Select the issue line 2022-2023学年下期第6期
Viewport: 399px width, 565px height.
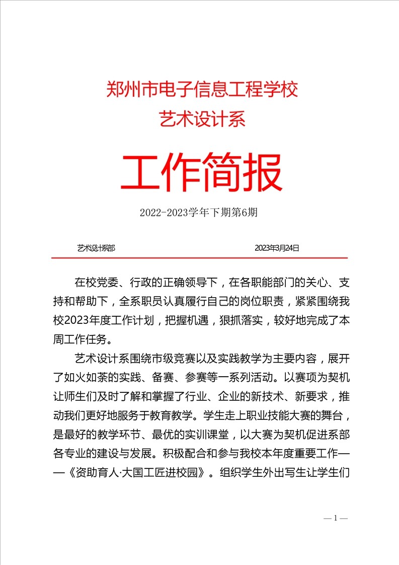199,213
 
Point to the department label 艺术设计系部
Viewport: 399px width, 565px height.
96,248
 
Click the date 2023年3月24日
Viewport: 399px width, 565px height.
277,248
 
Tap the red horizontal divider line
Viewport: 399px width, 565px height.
200,258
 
